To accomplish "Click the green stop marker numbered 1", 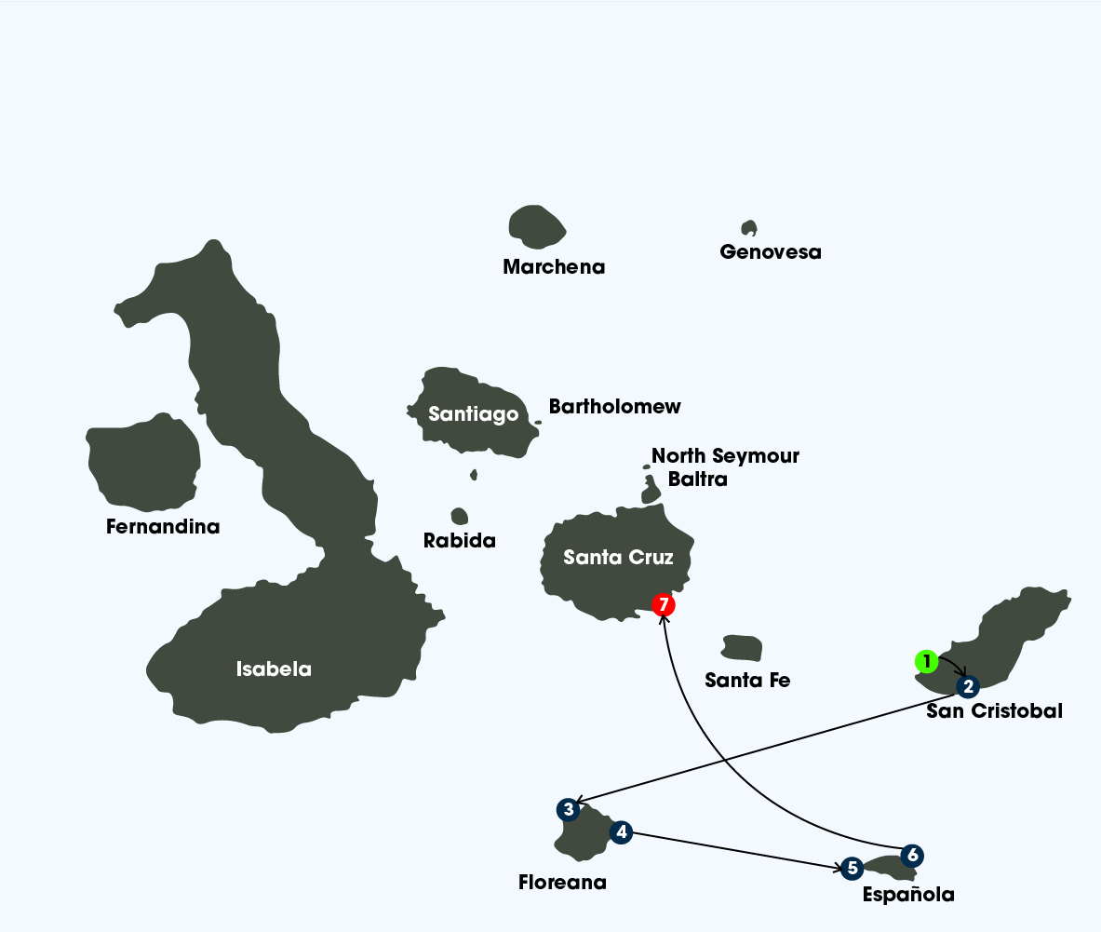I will point(926,662).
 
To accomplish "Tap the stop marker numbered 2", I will point(968,687).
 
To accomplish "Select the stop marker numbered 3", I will point(568,810).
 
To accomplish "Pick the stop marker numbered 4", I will point(621,831).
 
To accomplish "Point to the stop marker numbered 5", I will point(851,869).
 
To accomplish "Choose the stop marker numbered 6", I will point(912,855).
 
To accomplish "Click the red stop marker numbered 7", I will point(663,604).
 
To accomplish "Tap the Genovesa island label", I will point(771,252).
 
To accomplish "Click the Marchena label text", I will point(554,267).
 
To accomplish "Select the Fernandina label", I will point(163,527).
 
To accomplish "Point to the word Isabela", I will point(274,669).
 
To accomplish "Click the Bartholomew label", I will point(614,407).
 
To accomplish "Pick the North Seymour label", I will point(725,456).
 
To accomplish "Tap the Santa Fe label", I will point(747,681).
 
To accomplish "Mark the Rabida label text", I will point(460,540).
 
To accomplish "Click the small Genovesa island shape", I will point(748,227).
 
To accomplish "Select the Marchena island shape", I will point(537,226).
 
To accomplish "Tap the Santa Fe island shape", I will point(742,648).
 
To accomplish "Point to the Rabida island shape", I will point(459,516).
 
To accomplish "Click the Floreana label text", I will point(562,883).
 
